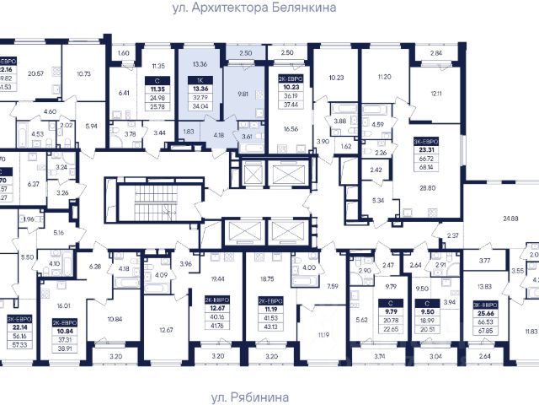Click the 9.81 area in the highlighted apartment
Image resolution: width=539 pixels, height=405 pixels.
pos(243,94)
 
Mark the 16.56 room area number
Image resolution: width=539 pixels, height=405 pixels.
pos(292,129)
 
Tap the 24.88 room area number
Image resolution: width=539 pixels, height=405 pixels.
pos(510,219)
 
